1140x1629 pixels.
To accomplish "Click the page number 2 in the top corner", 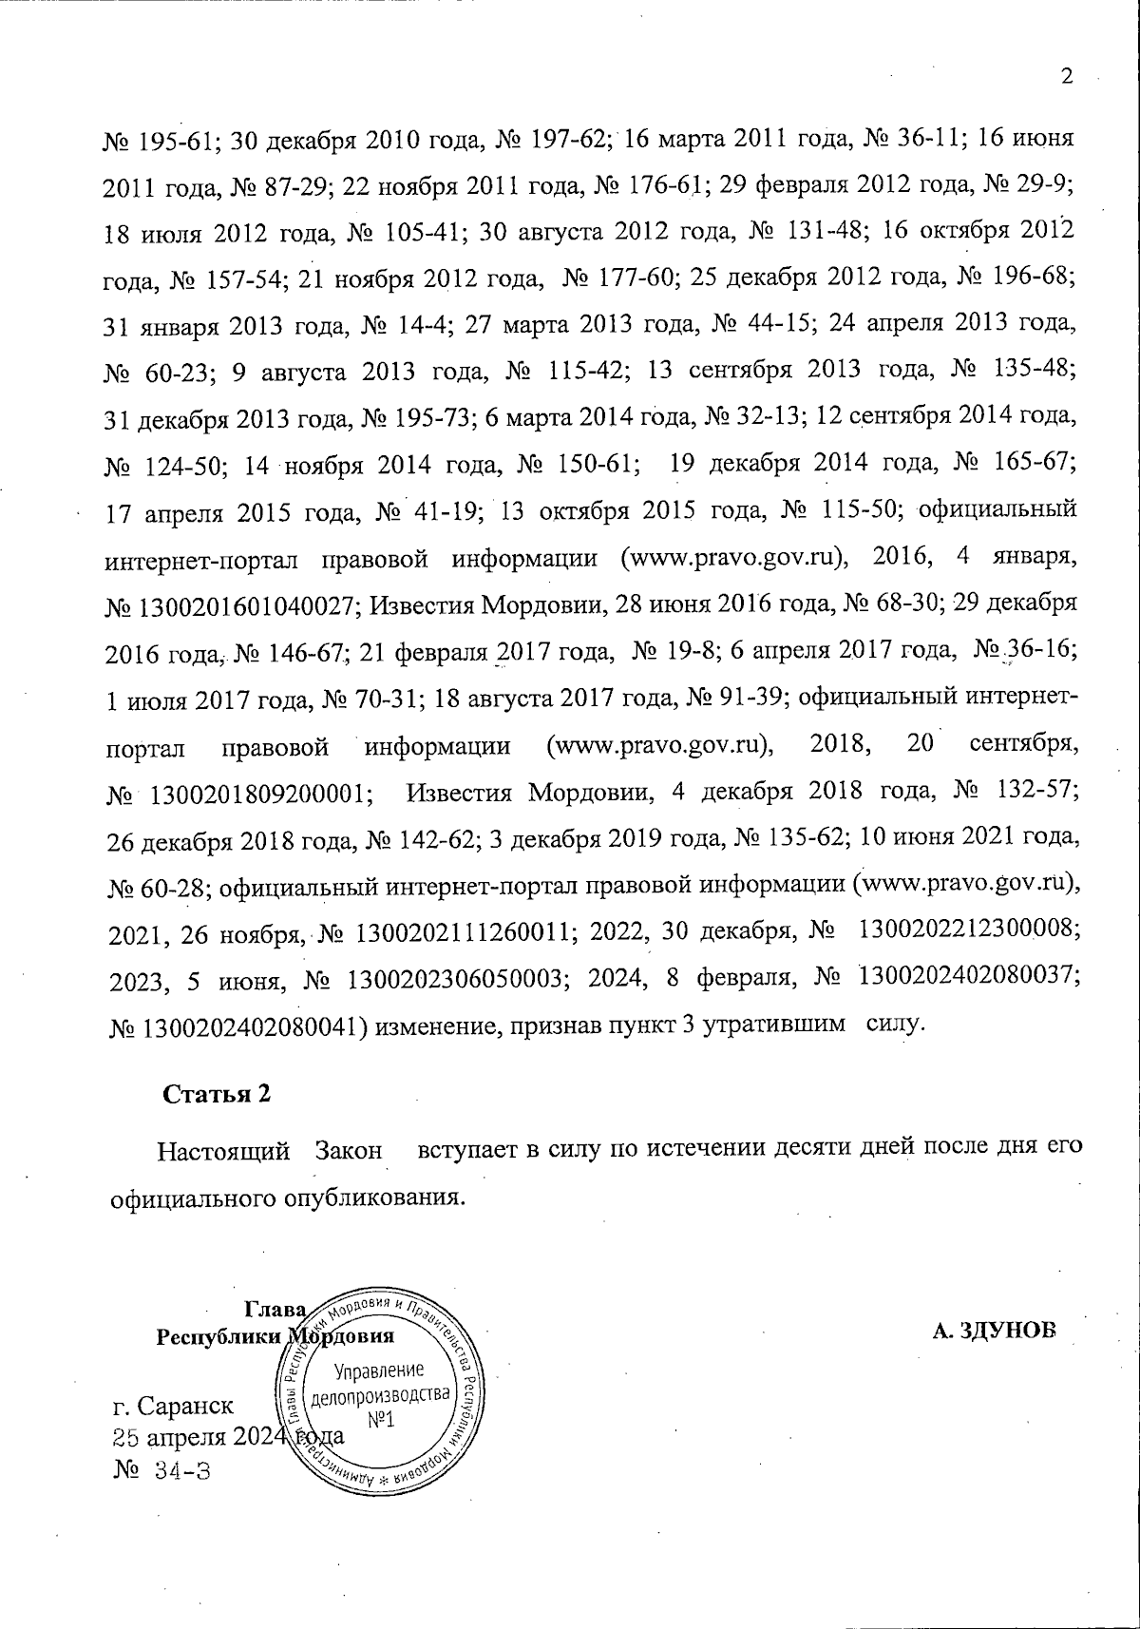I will pos(1066,77).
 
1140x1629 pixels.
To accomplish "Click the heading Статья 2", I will pos(218,1094).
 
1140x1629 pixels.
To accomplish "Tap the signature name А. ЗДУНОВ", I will pos(994,1330).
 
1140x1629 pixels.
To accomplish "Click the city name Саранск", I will pos(186,1405).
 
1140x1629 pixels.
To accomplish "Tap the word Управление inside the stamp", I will pos(378,1370).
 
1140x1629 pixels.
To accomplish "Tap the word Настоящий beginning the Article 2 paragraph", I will pos(223,1152).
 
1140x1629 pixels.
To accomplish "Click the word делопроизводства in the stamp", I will pos(379,1395).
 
